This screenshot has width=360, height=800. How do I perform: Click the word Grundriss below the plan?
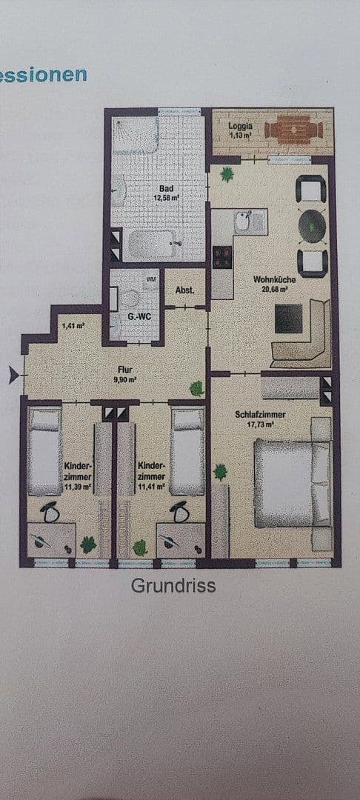coord(173,586)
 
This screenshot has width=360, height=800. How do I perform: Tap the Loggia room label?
coord(240,130)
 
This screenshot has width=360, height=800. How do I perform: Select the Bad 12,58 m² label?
coord(166,193)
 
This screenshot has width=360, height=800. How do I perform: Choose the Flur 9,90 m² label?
coord(124,372)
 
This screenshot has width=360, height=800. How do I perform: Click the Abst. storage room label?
coord(184,290)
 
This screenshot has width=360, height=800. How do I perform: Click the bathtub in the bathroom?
coord(153,244)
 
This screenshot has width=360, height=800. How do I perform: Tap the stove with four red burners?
coord(222,256)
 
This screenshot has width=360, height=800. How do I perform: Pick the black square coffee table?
coord(287,319)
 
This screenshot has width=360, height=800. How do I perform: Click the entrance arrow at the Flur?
coord(12,376)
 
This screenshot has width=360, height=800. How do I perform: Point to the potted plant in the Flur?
coord(197,387)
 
